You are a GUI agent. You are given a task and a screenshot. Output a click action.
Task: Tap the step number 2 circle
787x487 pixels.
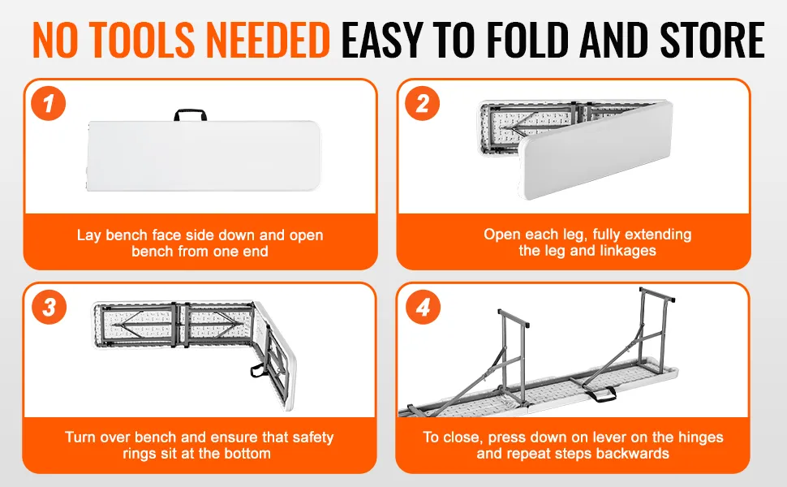(x=423, y=104)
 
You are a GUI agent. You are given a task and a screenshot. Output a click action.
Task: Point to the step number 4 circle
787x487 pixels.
(x=423, y=308)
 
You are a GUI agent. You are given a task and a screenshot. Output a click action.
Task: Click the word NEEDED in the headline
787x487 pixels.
(x=267, y=41)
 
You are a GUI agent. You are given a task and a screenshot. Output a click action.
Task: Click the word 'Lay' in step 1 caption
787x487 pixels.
(x=89, y=235)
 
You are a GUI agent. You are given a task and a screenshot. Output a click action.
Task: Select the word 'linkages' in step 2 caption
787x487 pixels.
(x=627, y=251)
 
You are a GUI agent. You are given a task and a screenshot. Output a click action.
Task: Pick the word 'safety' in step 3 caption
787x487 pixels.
(x=312, y=437)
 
